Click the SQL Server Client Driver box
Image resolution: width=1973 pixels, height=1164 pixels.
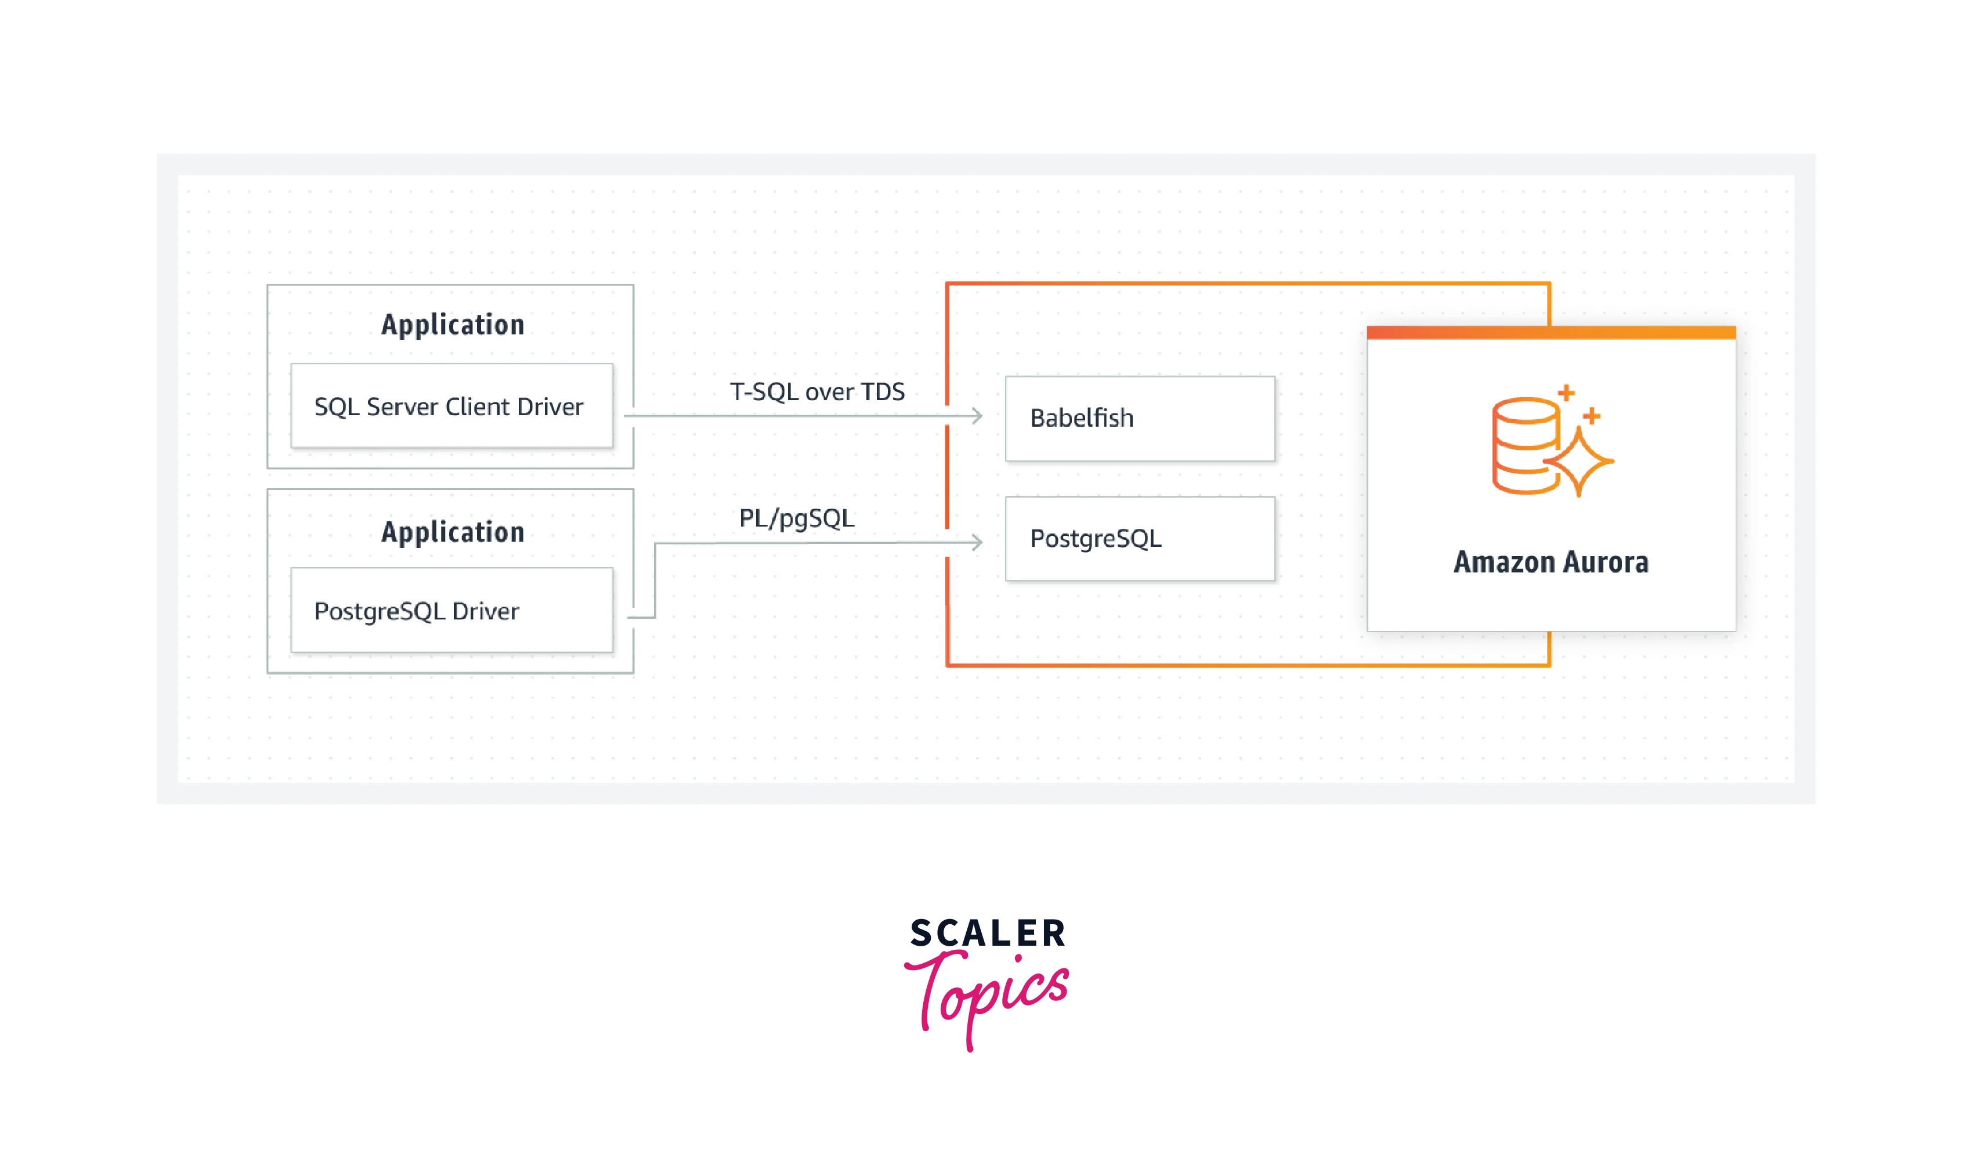tap(451, 406)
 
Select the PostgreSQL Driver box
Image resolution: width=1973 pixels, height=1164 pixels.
tap(451, 610)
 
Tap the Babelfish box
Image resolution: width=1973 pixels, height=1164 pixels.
tap(1139, 418)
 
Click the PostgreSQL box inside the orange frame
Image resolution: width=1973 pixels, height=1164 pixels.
tap(1139, 539)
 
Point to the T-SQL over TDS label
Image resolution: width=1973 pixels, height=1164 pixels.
tap(817, 391)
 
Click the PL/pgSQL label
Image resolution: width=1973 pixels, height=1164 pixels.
tap(796, 518)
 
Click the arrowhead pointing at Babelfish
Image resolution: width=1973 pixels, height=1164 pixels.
tap(976, 416)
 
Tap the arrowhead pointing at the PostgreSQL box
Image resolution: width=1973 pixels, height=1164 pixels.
tap(976, 542)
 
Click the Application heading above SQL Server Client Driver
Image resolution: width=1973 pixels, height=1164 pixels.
tap(452, 325)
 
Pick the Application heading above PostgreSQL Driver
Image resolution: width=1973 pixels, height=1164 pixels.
tap(452, 532)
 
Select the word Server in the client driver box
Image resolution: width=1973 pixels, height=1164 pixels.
tap(402, 406)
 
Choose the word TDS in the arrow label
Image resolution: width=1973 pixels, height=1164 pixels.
tap(883, 391)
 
